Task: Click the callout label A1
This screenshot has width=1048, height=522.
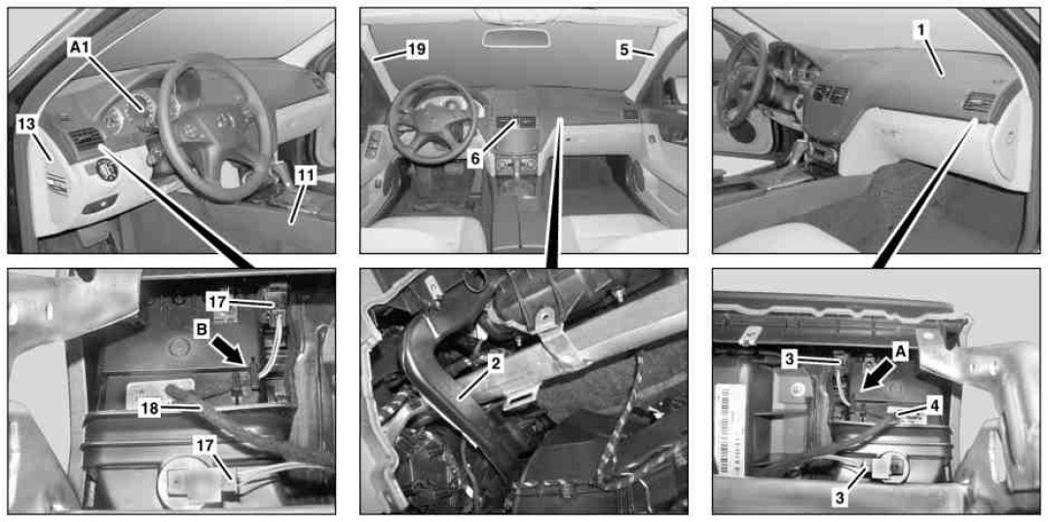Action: point(80,48)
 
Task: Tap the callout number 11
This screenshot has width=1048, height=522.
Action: point(306,176)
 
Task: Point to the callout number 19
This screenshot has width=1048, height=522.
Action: point(417,50)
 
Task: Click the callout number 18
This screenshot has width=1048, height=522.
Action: point(150,409)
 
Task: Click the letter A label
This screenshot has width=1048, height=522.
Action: point(900,353)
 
